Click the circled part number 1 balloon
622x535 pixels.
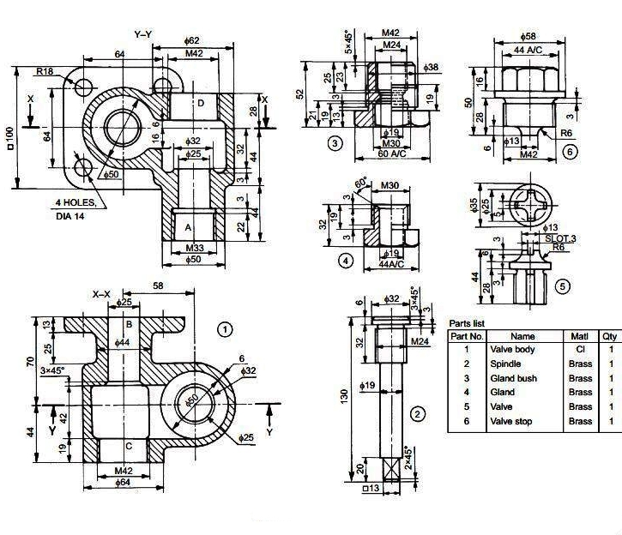226,328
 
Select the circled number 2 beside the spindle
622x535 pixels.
417,415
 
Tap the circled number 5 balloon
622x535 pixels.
562,286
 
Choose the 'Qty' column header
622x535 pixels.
610,336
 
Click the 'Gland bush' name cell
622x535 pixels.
511,378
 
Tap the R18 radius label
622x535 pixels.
45,71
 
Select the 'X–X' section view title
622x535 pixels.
102,294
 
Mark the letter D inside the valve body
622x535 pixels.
200,104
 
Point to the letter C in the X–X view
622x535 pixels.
128,446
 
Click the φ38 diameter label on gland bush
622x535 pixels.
432,67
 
